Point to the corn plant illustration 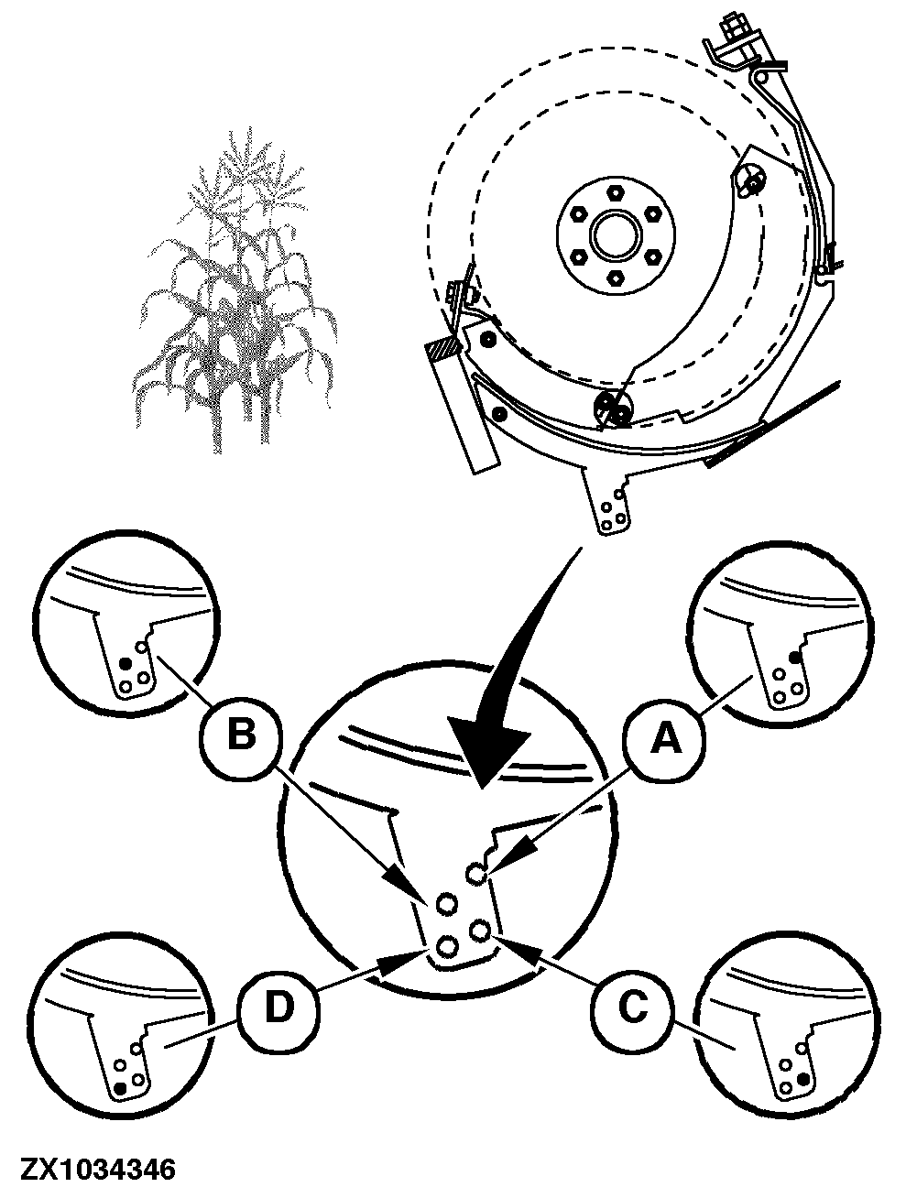point(234,295)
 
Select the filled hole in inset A point(796,657)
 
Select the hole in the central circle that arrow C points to point(479,930)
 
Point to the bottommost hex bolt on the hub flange point(615,278)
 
